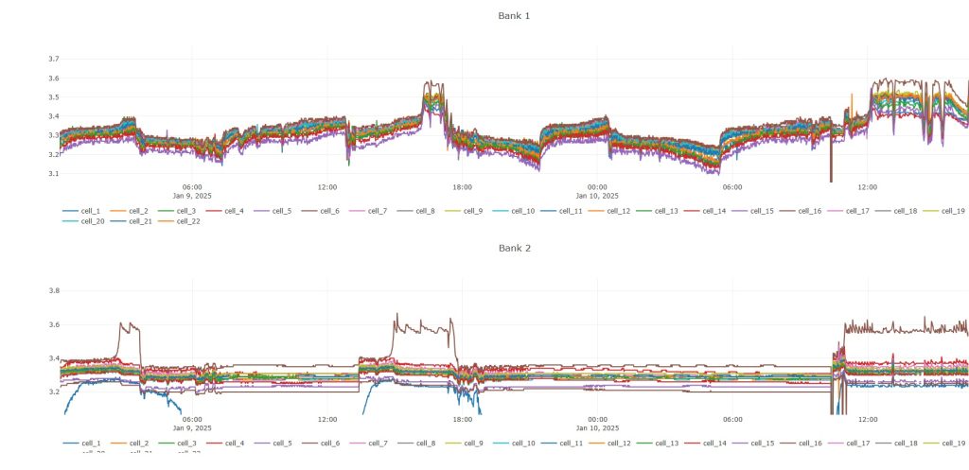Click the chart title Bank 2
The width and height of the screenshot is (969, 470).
[514, 248]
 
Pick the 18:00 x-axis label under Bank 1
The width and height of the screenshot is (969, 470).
[462, 187]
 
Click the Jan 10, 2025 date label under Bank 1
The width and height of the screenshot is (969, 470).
[597, 196]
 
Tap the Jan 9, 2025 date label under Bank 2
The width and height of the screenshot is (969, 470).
[192, 427]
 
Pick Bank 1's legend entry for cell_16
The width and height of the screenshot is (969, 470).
[809, 211]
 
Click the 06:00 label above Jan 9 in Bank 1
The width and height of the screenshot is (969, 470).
[192, 187]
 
